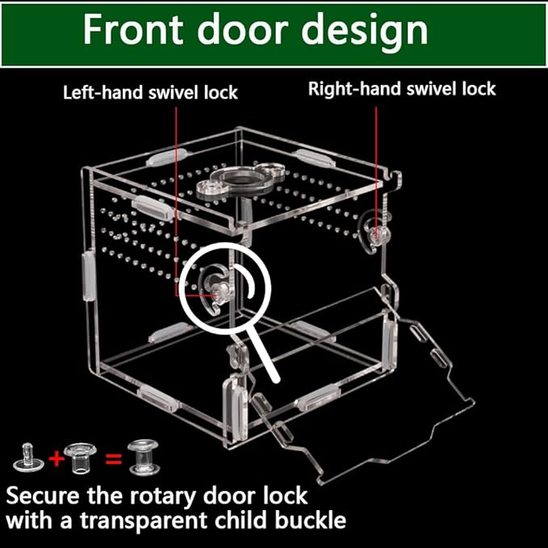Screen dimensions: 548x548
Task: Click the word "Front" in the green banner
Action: pos(133,29)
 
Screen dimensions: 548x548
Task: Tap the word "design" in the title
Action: pos(365,32)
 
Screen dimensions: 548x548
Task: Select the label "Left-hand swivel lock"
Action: pos(150,93)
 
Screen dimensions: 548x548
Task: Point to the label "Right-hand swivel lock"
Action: pos(402,89)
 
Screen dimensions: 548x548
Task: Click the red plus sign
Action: pos(56,458)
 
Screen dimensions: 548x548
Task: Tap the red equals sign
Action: pos(114,459)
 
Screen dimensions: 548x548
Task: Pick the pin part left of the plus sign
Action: pos(28,458)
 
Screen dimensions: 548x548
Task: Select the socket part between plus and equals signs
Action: pos(81,458)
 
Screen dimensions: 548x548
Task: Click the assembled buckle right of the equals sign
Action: pos(144,458)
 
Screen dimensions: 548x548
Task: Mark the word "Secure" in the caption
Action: pos(43,496)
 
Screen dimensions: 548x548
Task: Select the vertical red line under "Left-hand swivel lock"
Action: pos(176,201)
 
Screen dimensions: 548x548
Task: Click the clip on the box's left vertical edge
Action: pos(88,275)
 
